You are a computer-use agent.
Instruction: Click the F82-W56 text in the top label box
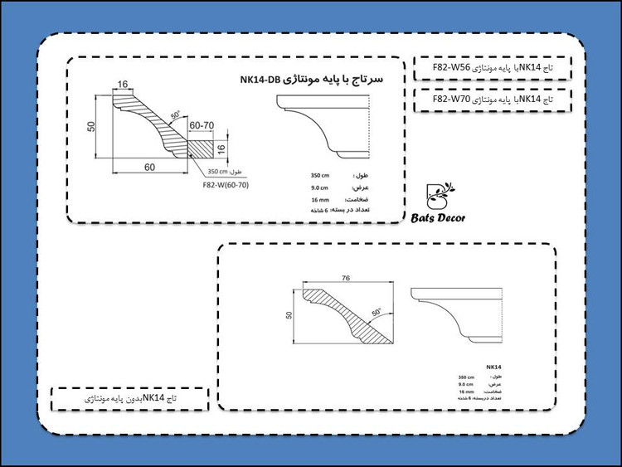coord(452,67)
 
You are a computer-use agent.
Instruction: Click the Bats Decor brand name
coord(439,219)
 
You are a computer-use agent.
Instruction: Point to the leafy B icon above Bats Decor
coord(437,194)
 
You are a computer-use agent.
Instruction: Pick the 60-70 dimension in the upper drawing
coord(202,124)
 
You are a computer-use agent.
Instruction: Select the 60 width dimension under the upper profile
coord(150,167)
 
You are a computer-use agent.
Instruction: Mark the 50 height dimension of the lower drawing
coord(290,315)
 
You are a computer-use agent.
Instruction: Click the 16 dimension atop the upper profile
coord(124,84)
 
